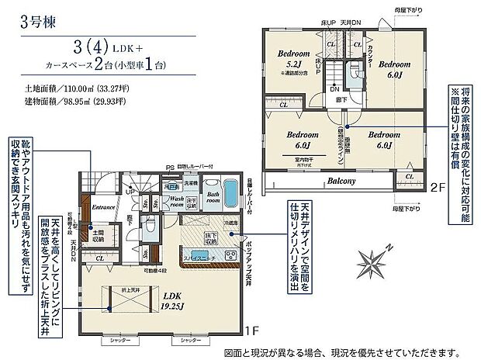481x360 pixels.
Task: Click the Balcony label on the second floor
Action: (342, 181)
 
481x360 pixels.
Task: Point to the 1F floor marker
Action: (251, 330)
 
